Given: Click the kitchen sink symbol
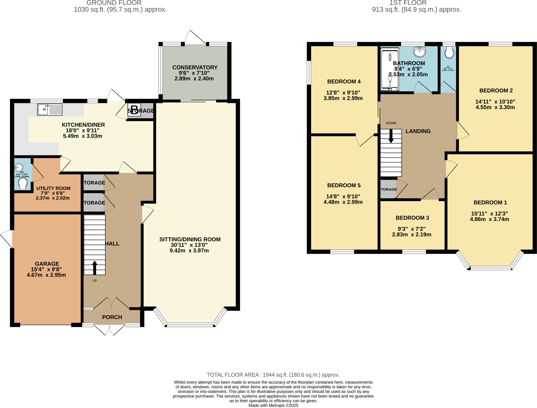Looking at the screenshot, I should (50, 110).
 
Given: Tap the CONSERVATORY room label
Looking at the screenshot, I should (195, 67).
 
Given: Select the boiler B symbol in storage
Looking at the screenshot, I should (134, 110).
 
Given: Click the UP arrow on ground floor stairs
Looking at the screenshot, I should (95, 267).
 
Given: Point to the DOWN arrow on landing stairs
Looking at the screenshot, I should (391, 136).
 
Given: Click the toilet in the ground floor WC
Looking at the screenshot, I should (23, 184).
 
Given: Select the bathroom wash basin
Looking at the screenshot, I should (420, 51).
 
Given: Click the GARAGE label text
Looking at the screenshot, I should (47, 264).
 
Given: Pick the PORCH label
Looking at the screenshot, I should (112, 317).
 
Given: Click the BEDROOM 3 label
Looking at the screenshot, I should (412, 218).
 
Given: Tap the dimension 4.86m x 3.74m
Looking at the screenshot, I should (489, 219).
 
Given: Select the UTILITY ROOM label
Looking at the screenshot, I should (53, 188).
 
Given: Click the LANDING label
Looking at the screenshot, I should (418, 131).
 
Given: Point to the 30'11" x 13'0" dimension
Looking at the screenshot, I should (189, 245).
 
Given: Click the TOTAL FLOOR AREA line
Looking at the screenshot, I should (273, 375).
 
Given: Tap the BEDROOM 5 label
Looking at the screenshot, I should (344, 185).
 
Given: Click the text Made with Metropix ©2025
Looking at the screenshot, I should (273, 405).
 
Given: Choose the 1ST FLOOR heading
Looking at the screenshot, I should (408, 3).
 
